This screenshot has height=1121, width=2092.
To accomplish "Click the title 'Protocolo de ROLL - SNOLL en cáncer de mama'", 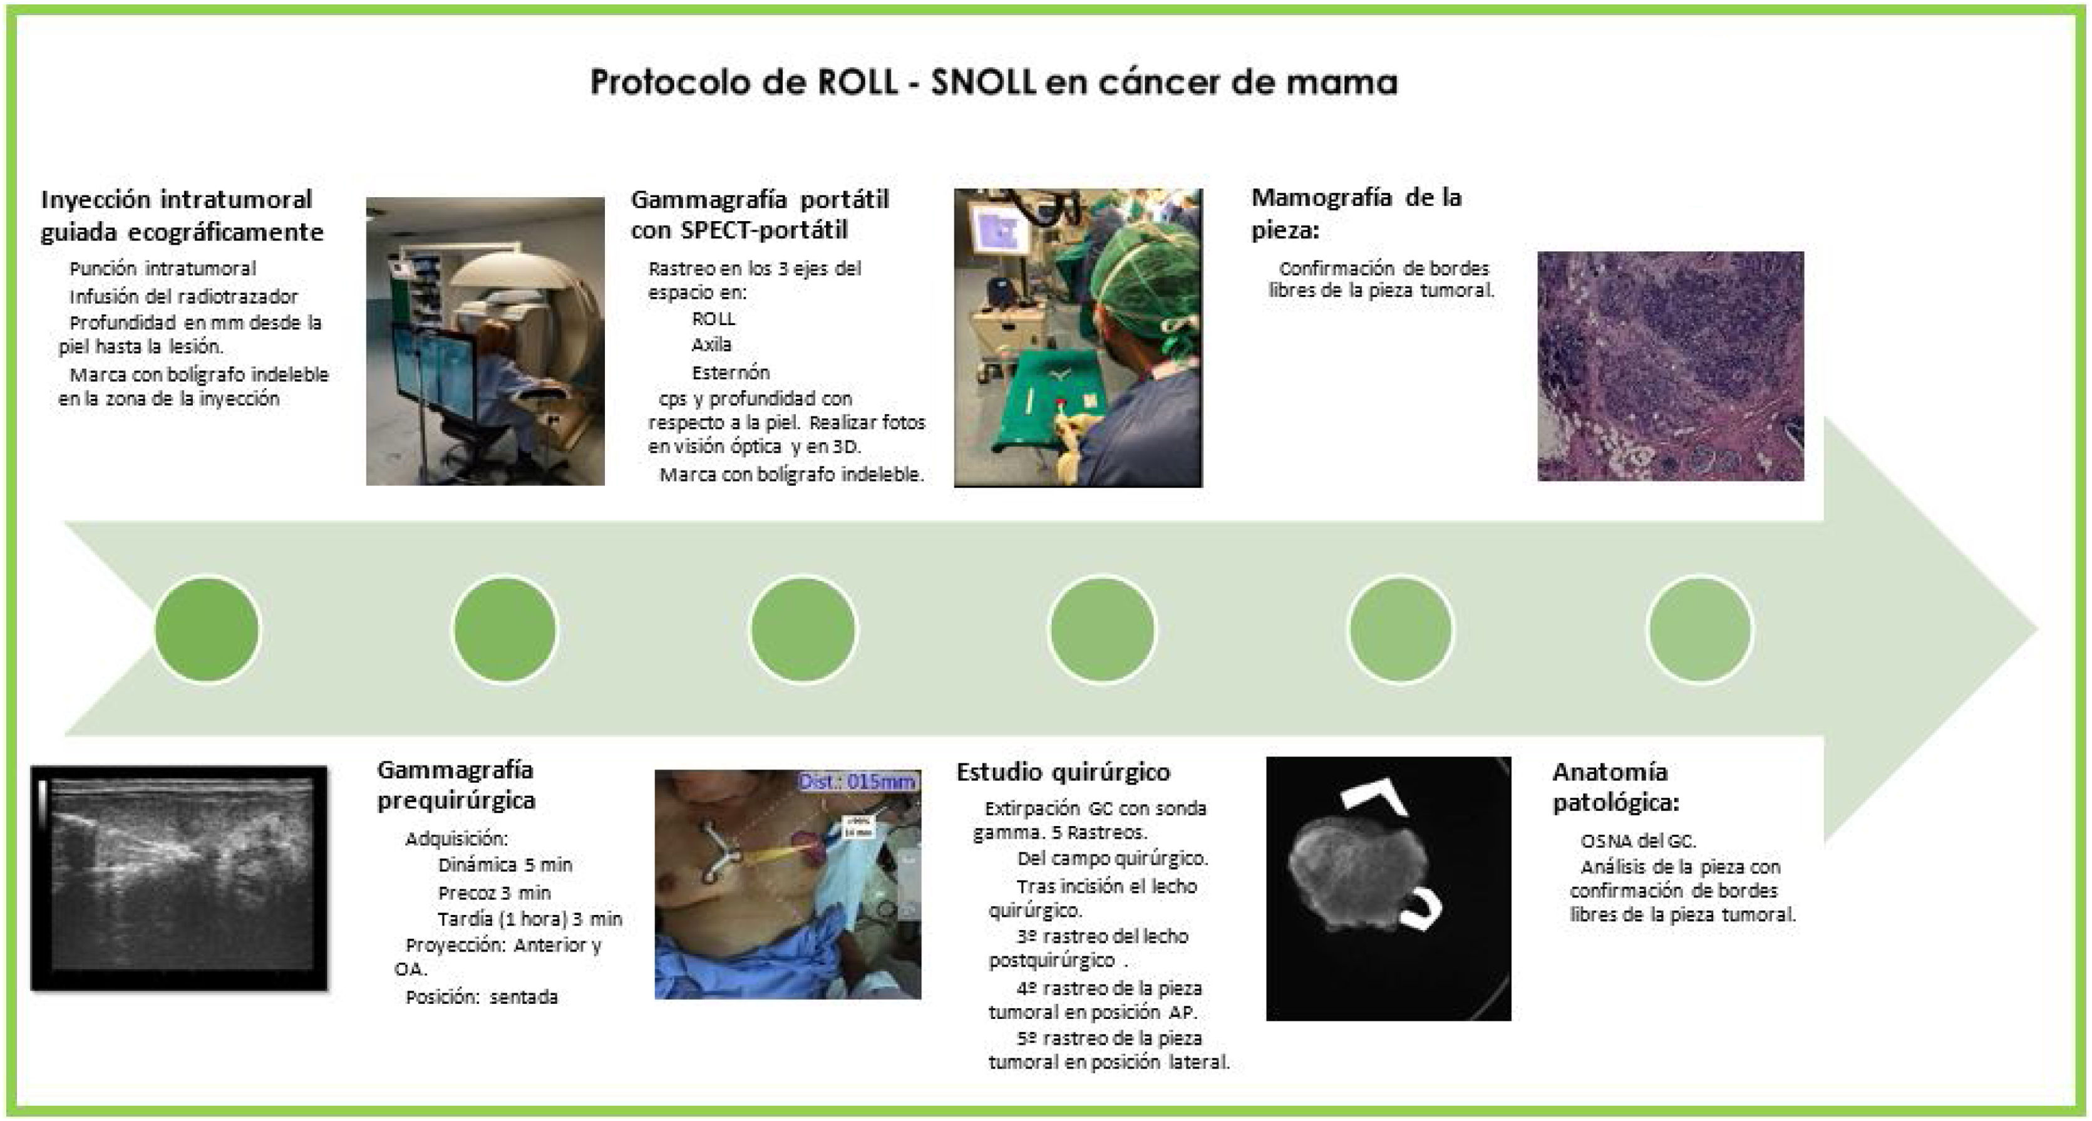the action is pyautogui.click(x=993, y=82).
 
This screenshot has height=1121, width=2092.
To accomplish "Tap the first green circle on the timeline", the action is pyautogui.click(x=207, y=629).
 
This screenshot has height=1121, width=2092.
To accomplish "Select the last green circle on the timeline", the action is pyautogui.click(x=1700, y=629).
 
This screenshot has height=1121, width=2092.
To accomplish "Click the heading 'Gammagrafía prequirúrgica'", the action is pyautogui.click(x=456, y=785).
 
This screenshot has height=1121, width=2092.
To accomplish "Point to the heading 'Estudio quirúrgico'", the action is pyautogui.click(x=1063, y=772).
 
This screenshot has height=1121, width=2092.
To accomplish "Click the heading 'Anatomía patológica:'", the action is pyautogui.click(x=1615, y=787).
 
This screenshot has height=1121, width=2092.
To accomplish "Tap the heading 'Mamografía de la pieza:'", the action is pyautogui.click(x=1356, y=213).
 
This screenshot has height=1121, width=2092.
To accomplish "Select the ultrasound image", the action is pyautogui.click(x=180, y=878).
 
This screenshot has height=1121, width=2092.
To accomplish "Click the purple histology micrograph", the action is pyautogui.click(x=1671, y=366).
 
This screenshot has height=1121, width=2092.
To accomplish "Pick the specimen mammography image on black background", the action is pyautogui.click(x=1389, y=889).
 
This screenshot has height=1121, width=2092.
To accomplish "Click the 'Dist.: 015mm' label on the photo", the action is pyautogui.click(x=858, y=782).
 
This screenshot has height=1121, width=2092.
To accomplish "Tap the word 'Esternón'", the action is pyautogui.click(x=730, y=373).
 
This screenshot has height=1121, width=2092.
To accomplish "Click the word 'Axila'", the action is pyautogui.click(x=711, y=344).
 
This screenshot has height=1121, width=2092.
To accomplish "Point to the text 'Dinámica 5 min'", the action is pyautogui.click(x=505, y=865).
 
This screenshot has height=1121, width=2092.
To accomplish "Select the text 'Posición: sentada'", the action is pyautogui.click(x=482, y=997).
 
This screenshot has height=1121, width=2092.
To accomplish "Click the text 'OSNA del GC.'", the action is pyautogui.click(x=1638, y=840).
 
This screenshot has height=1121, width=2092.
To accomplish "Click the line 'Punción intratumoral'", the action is pyautogui.click(x=162, y=269).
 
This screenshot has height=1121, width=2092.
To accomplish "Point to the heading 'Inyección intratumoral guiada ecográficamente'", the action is pyautogui.click(x=182, y=215).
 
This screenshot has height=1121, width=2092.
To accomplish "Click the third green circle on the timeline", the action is pyautogui.click(x=803, y=629).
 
